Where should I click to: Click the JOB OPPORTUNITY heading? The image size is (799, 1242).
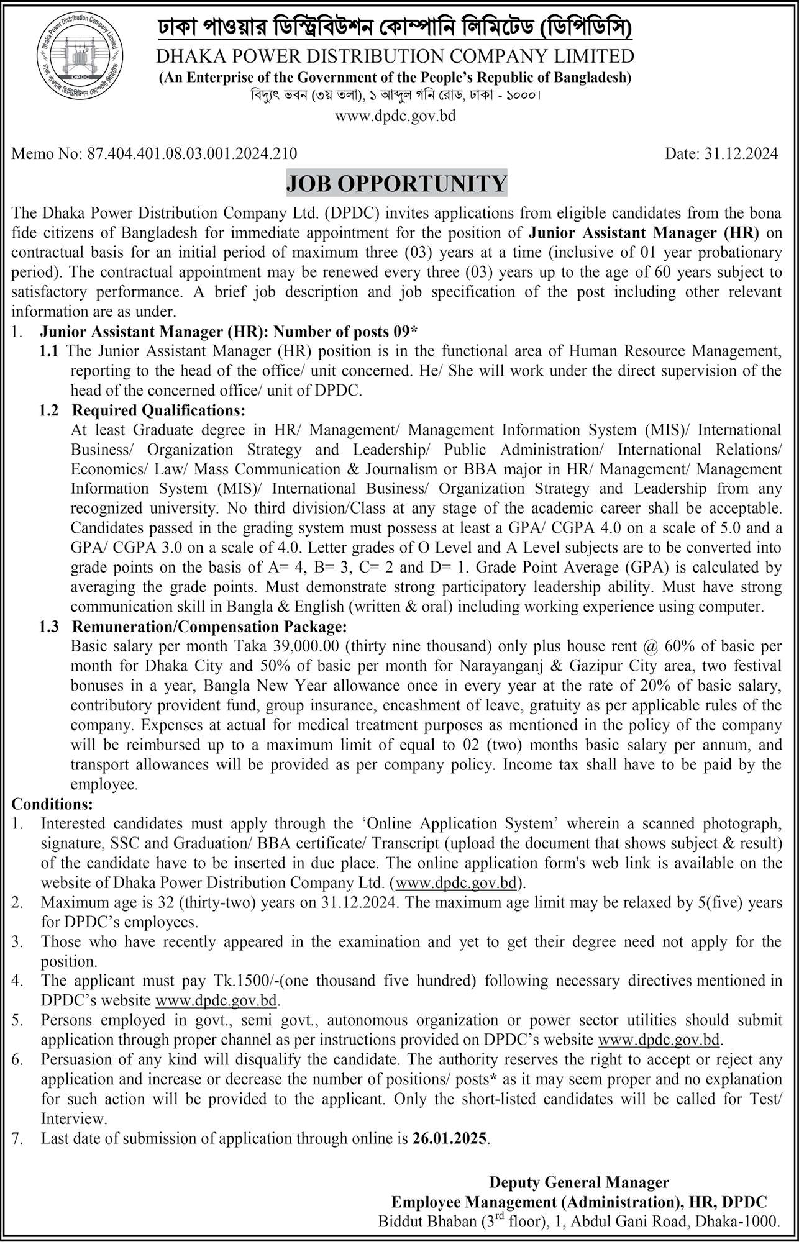click(x=396, y=184)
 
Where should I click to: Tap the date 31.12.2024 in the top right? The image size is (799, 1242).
click(x=743, y=153)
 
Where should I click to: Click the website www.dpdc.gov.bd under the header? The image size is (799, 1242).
click(x=396, y=116)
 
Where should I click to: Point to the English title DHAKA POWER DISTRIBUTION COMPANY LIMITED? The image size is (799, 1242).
click(x=395, y=57)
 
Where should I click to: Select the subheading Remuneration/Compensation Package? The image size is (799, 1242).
click(x=209, y=627)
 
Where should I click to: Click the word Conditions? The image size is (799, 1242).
click(x=52, y=804)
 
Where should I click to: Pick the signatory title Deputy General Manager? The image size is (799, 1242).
click(x=579, y=1182)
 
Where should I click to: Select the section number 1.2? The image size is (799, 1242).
click(x=48, y=410)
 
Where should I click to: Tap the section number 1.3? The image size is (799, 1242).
click(x=48, y=627)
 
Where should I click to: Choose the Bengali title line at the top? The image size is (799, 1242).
click(x=395, y=29)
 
